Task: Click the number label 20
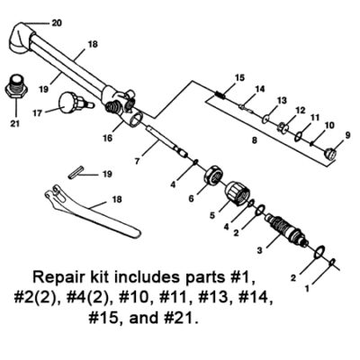(x=32, y=21)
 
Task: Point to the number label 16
(x=107, y=139)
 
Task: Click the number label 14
(x=259, y=88)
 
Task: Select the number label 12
(x=300, y=109)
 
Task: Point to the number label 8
(x=255, y=141)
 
